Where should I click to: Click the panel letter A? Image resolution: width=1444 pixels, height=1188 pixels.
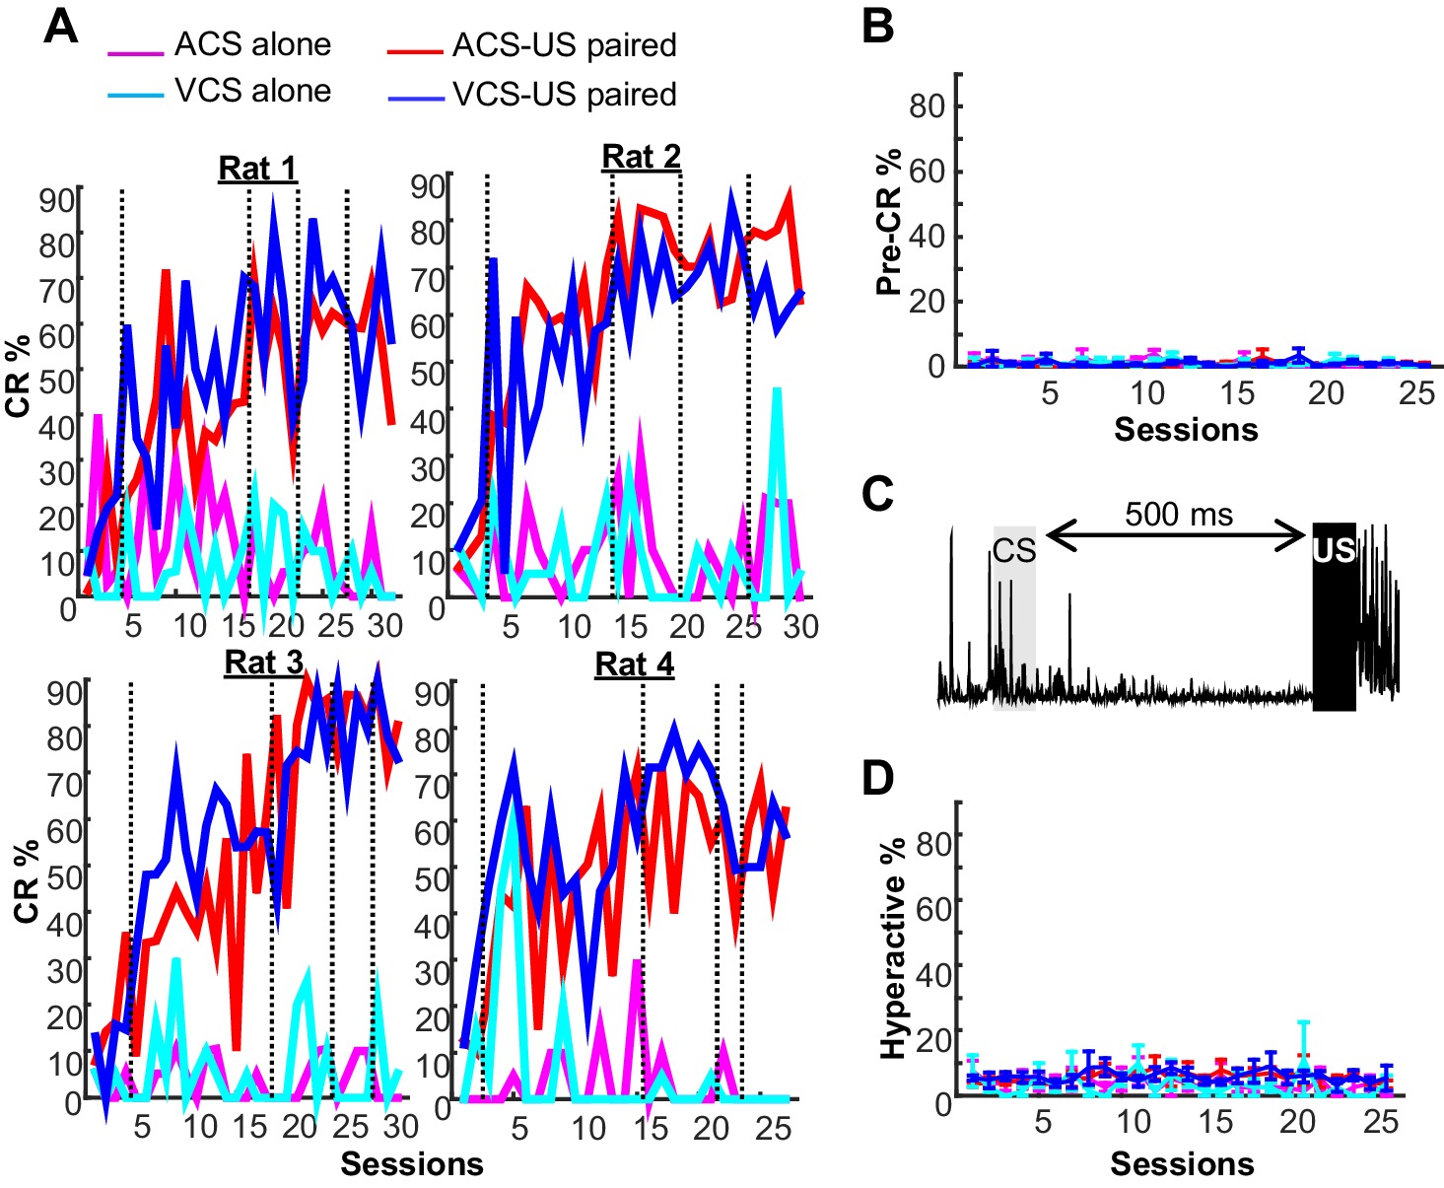pyautogui.click(x=61, y=27)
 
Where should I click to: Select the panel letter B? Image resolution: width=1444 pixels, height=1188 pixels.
pyautogui.click(x=877, y=27)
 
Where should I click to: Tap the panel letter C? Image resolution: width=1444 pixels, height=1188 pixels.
pyautogui.click(x=877, y=493)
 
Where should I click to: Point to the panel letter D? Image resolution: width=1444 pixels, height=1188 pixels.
pyautogui.click(x=877, y=779)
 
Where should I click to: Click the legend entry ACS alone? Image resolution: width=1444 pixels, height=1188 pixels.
pyautogui.click(x=252, y=44)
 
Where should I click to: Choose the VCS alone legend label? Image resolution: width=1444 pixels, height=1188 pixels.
pyautogui.click(x=252, y=91)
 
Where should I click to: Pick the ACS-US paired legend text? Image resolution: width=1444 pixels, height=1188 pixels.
pyautogui.click(x=564, y=45)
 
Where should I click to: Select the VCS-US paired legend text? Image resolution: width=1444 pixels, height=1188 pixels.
pyautogui.click(x=564, y=94)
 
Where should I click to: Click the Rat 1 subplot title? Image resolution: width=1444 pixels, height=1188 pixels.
pyautogui.click(x=257, y=169)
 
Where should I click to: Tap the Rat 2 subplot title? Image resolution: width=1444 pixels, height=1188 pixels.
pyautogui.click(x=641, y=157)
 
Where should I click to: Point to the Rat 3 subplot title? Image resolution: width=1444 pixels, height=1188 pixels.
pyautogui.click(x=263, y=663)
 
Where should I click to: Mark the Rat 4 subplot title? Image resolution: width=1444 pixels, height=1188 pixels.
pyautogui.click(x=634, y=664)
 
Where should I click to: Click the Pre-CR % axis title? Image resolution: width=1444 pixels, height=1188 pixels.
pyautogui.click(x=889, y=221)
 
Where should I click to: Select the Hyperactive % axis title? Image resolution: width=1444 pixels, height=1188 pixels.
pyautogui.click(x=893, y=948)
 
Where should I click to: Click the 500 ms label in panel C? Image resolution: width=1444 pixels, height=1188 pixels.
pyautogui.click(x=1179, y=514)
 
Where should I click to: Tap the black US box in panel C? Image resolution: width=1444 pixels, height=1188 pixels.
pyautogui.click(x=1334, y=616)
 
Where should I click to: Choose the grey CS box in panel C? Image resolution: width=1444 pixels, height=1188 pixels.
pyautogui.click(x=1014, y=616)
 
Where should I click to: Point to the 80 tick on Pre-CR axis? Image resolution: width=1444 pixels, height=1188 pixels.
pyautogui.click(x=927, y=105)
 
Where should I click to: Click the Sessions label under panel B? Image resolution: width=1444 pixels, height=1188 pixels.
pyautogui.click(x=1186, y=430)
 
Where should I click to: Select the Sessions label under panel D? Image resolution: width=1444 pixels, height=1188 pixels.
pyautogui.click(x=1182, y=1164)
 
